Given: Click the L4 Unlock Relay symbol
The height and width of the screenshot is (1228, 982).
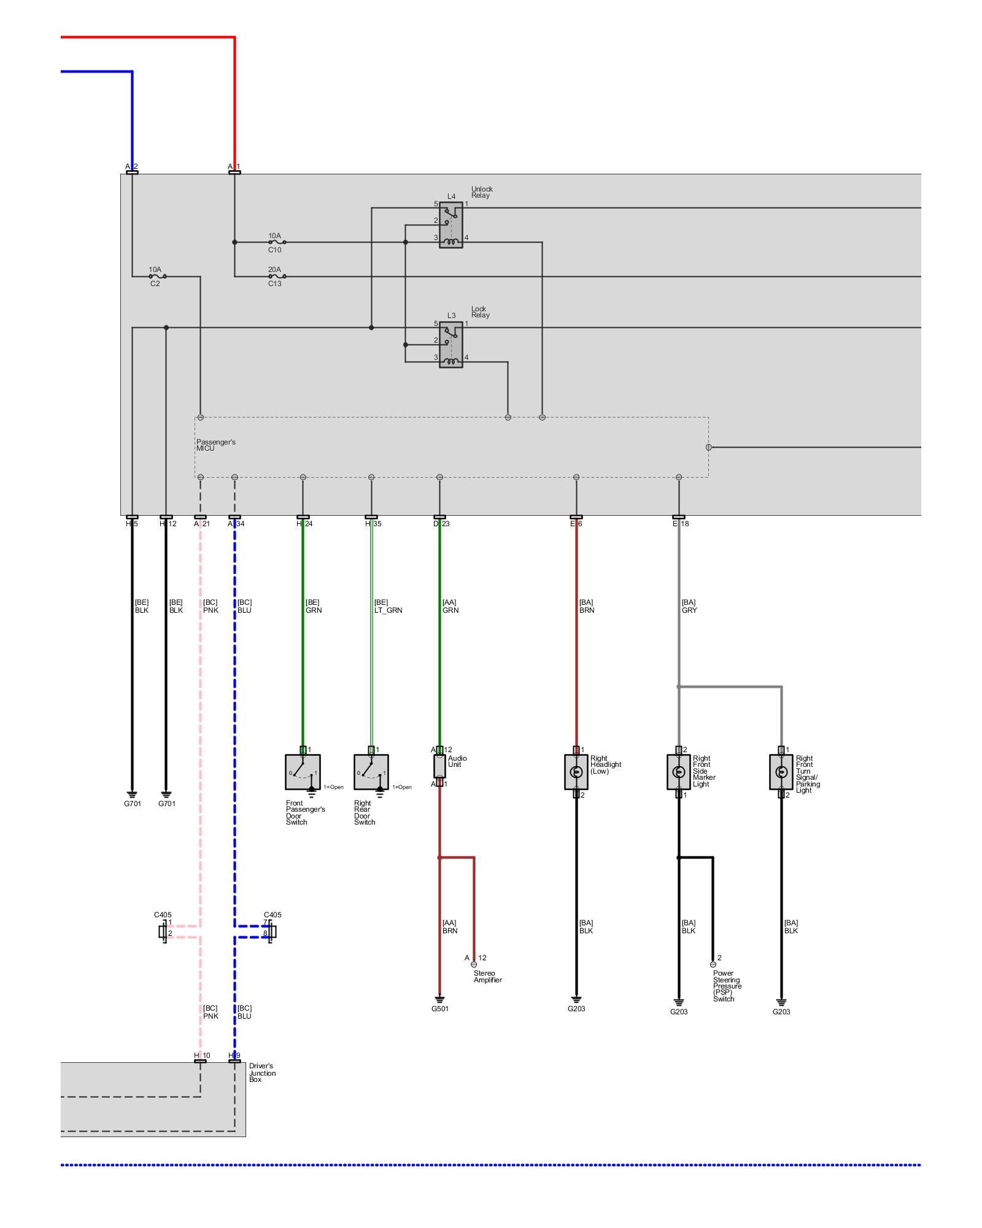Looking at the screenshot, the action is [450, 225].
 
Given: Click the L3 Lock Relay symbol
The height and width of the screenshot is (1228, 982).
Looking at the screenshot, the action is [450, 344].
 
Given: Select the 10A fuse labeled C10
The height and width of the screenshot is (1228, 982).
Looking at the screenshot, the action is [277, 243].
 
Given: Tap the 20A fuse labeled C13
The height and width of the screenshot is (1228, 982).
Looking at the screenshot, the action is [277, 276].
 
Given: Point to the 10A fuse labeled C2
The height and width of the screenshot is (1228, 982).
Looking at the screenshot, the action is [158, 276].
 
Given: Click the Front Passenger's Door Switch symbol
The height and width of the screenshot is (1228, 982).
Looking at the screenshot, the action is [303, 772].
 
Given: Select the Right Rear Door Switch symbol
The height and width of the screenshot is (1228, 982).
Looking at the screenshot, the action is [371, 772].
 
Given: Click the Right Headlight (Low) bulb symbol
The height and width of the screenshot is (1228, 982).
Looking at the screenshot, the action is [576, 772].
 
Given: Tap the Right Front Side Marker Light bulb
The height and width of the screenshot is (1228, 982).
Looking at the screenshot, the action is [678, 772].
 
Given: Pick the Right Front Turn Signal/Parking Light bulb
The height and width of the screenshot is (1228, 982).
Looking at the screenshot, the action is [781, 772].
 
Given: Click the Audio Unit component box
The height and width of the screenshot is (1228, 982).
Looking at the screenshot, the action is [439, 766].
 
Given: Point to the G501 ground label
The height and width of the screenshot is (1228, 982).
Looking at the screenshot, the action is [440, 1009].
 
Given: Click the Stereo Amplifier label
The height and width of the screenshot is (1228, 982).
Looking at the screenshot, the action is [487, 976].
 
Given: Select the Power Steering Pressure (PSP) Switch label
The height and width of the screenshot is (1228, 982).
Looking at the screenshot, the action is [727, 985].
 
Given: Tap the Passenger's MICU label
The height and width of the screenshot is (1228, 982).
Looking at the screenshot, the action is [215, 445].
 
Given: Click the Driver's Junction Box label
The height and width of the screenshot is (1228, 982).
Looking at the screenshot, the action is [262, 1073].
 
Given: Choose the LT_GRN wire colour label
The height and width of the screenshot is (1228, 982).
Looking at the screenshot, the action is [388, 610].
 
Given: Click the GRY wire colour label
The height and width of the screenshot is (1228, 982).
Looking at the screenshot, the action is [689, 610].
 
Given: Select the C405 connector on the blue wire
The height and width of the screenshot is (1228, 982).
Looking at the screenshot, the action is [271, 932].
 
